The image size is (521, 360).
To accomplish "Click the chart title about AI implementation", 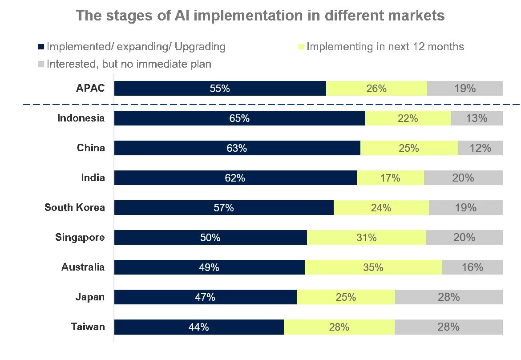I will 260,16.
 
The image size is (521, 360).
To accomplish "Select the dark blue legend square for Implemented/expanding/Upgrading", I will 41,47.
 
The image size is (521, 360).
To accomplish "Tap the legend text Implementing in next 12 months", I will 385,47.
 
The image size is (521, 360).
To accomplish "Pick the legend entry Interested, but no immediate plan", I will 129,64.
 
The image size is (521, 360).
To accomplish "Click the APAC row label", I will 90,88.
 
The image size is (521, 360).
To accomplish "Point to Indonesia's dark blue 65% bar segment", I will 239,118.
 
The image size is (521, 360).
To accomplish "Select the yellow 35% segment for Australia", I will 373,267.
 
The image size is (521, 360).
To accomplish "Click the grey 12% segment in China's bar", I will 481,148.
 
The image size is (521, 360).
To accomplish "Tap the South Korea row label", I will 75,208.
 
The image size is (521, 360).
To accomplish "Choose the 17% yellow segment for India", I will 390,178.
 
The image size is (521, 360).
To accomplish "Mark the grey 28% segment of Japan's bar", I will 448,297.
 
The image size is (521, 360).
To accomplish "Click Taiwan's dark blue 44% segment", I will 198,327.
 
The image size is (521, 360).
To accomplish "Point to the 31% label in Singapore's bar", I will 367,238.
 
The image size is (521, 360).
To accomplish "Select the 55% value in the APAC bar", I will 220,89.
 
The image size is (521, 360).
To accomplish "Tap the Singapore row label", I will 80,238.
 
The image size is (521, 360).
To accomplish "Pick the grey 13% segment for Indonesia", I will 477,118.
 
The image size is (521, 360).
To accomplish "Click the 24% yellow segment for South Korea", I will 381,208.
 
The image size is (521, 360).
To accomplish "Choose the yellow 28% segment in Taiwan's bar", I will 339,327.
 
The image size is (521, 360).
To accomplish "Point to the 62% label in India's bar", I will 235,178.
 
